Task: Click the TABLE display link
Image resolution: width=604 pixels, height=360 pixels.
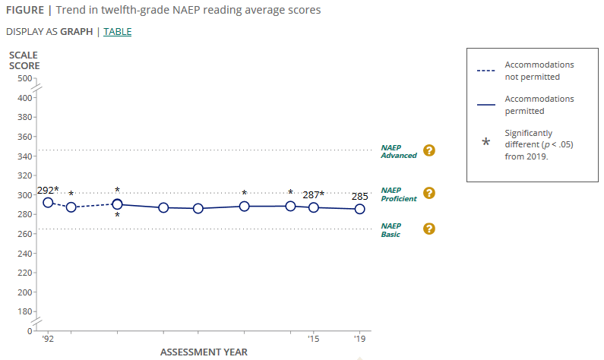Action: pyautogui.click(x=117, y=31)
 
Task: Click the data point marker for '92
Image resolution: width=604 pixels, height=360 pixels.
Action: pyautogui.click(x=48, y=203)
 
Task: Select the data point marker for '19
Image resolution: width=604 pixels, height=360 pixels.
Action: pyautogui.click(x=360, y=209)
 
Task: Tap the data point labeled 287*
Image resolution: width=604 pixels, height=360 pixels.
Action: pyautogui.click(x=314, y=207)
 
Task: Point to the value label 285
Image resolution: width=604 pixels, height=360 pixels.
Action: pyautogui.click(x=360, y=197)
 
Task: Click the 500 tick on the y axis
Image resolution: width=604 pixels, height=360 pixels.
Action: pyautogui.click(x=23, y=78)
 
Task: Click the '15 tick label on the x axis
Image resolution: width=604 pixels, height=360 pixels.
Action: pyautogui.click(x=313, y=339)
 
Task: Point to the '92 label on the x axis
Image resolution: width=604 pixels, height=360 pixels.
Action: pyautogui.click(x=48, y=339)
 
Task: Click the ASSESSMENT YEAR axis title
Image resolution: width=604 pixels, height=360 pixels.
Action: pyautogui.click(x=204, y=352)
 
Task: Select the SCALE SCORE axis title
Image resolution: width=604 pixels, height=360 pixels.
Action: pyautogui.click(x=24, y=61)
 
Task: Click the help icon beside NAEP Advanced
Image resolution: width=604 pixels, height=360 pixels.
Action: pyautogui.click(x=428, y=150)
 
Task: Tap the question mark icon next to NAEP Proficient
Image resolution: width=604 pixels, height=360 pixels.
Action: pyautogui.click(x=428, y=193)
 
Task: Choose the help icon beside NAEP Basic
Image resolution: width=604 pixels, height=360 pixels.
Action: pyautogui.click(x=428, y=229)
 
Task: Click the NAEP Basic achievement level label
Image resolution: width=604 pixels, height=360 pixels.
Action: pyautogui.click(x=391, y=230)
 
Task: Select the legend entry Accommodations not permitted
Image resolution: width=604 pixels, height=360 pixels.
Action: pyautogui.click(x=539, y=71)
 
